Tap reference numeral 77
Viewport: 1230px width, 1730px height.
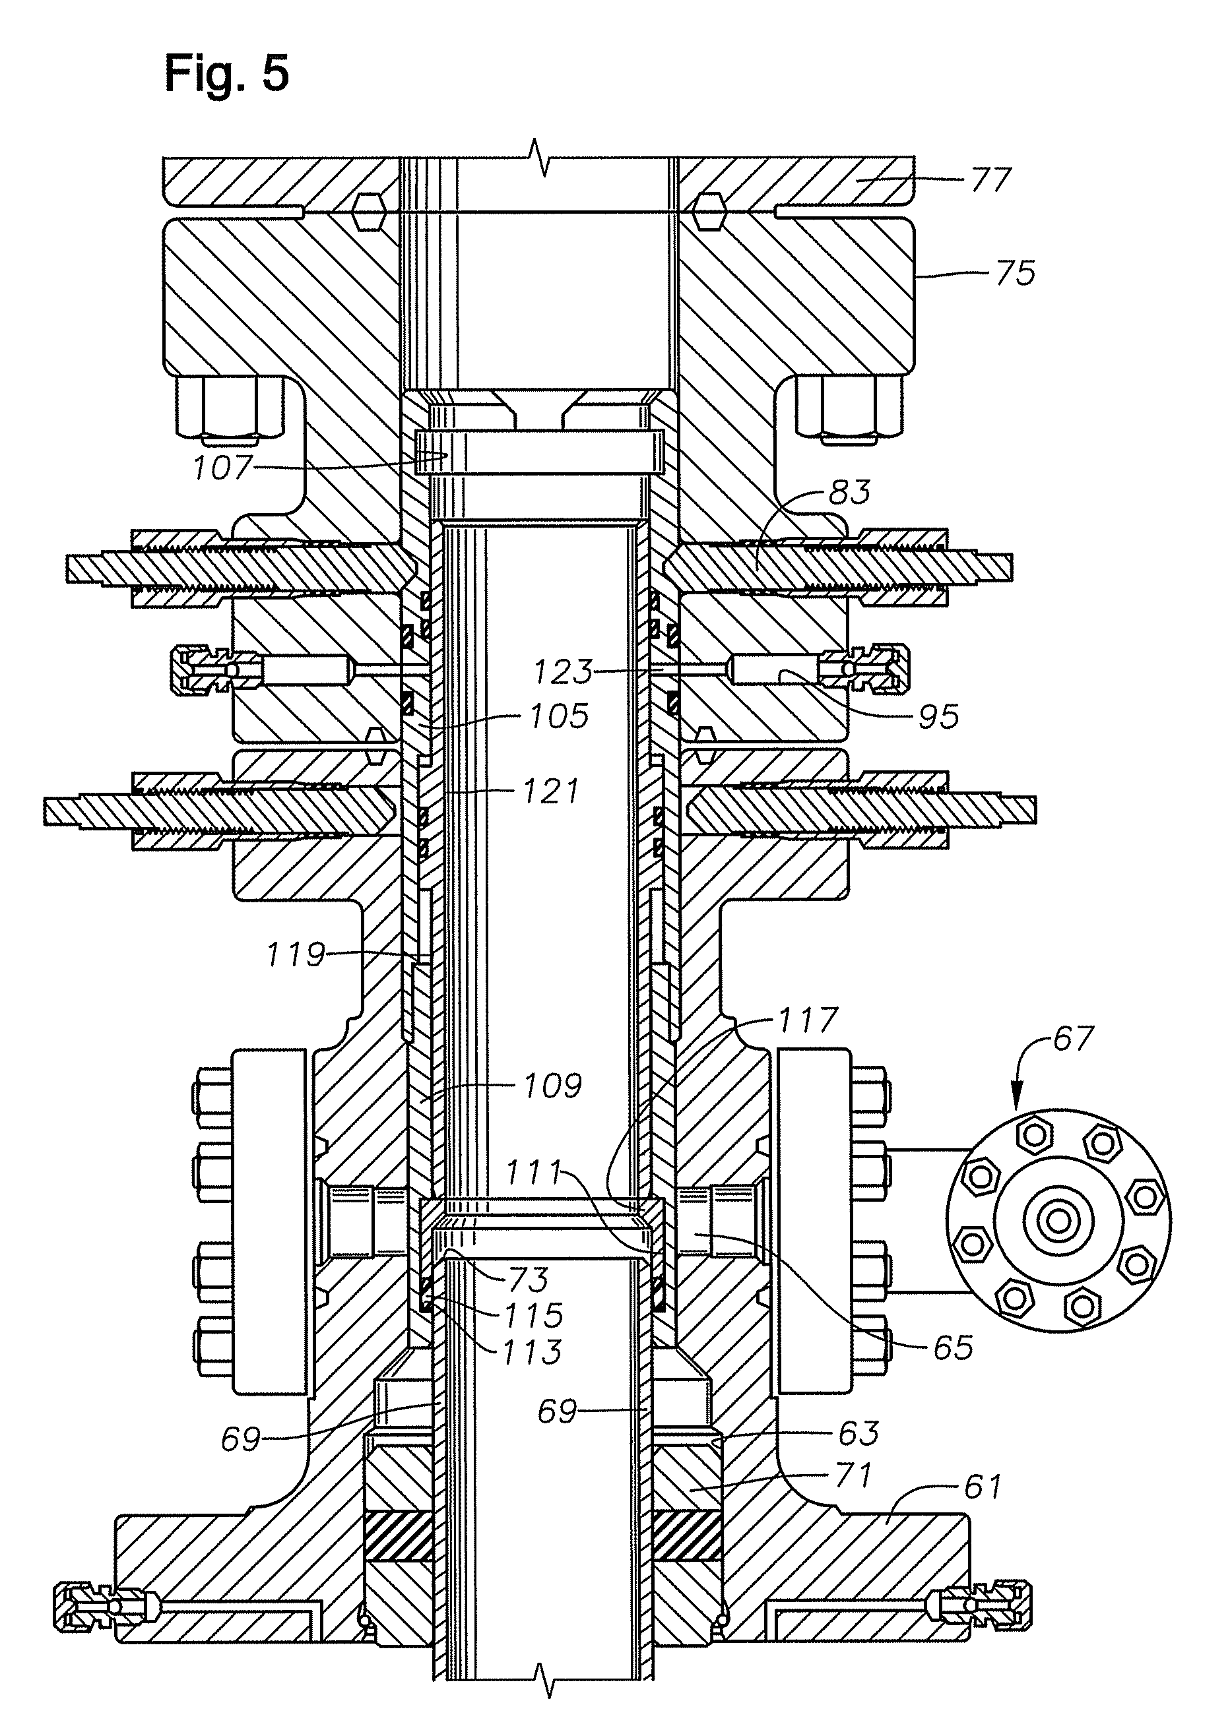[990, 180]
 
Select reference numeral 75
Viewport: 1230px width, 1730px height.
[1015, 272]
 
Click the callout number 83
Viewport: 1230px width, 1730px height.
[850, 492]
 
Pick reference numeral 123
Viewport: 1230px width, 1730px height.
[564, 671]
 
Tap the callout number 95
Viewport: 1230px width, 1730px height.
[938, 716]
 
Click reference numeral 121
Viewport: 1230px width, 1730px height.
[550, 792]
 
